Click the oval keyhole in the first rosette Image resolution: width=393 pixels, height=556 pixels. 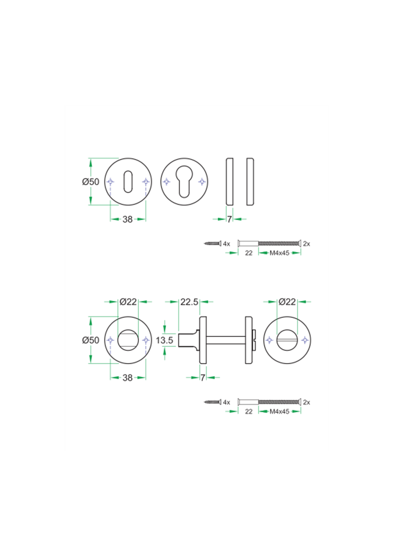coord(128,181)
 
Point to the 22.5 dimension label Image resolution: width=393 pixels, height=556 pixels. coord(190,302)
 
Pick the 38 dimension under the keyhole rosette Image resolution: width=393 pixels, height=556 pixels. coord(128,220)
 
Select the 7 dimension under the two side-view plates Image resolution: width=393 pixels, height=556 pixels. coord(229,220)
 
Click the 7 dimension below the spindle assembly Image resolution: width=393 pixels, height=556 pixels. coord(203,378)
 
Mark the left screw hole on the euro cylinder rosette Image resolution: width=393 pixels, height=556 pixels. coord(166,182)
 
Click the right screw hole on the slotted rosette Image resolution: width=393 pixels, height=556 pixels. coord(305,340)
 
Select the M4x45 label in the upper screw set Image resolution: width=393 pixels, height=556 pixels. coord(280,253)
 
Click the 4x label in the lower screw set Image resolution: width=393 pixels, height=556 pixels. coord(226,401)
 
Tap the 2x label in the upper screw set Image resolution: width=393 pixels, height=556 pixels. coord(307,244)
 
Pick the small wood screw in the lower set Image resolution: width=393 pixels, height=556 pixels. coord(211,401)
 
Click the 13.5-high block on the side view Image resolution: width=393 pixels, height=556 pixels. coord(187,340)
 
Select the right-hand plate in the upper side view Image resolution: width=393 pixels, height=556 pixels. coord(250,182)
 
